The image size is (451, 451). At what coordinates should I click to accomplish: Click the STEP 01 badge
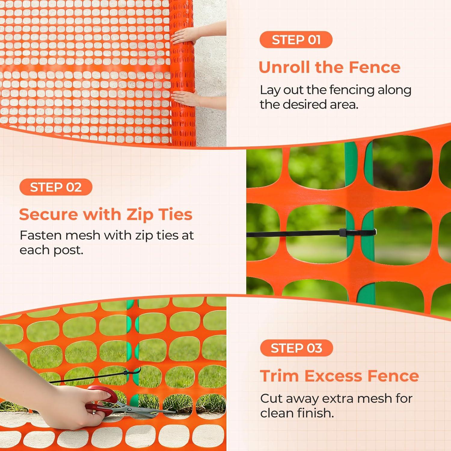click(x=296, y=40)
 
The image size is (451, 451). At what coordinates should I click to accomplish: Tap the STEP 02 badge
click(x=56, y=187)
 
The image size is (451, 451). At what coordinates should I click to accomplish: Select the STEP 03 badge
click(x=296, y=348)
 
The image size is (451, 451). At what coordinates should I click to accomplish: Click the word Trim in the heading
click(x=280, y=376)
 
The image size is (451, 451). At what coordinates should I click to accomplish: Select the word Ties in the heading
click(x=175, y=215)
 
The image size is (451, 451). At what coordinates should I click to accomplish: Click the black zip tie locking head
click(x=343, y=232)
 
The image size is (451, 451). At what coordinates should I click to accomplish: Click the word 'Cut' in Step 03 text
click(x=271, y=398)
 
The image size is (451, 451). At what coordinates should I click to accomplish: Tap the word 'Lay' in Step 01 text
click(x=269, y=90)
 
